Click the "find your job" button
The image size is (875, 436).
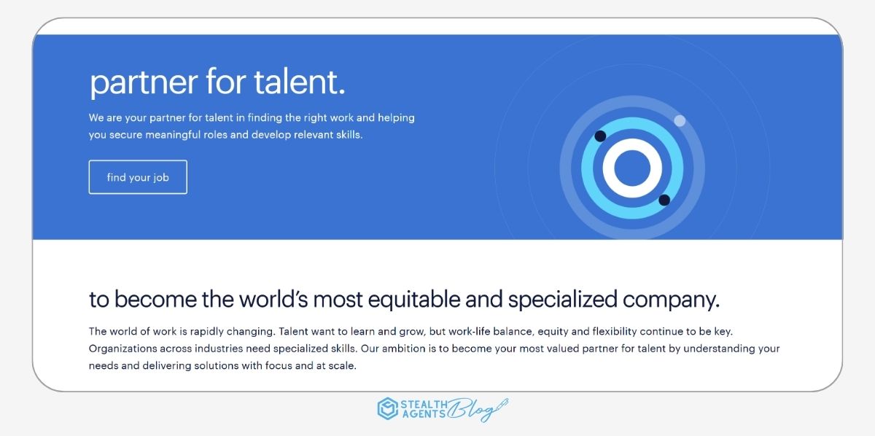click(x=138, y=177)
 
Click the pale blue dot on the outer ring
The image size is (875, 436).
click(x=680, y=120)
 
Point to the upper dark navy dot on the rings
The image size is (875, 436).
click(x=600, y=136)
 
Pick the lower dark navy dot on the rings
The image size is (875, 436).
click(x=664, y=200)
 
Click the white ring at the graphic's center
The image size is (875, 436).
click(x=632, y=168)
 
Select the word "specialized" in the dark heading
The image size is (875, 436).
click(x=561, y=300)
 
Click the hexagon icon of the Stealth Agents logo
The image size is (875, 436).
click(x=387, y=408)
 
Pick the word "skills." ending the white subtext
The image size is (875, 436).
click(x=347, y=135)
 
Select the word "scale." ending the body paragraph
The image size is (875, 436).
click(x=341, y=366)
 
